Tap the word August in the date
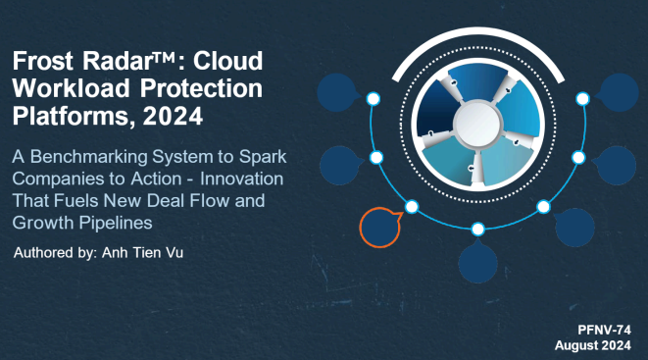tap(578, 345)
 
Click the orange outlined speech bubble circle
tap(379, 227)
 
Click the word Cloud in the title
tap(228, 60)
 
